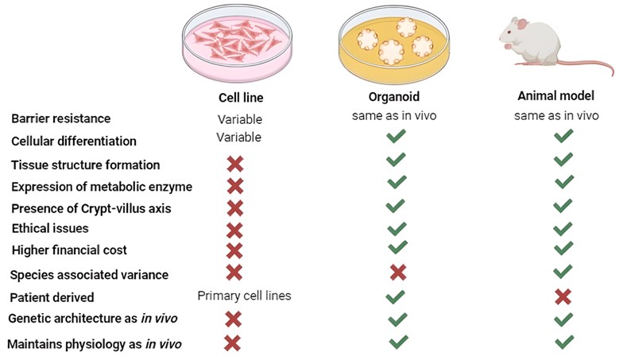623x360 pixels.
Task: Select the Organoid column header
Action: pyautogui.click(x=395, y=97)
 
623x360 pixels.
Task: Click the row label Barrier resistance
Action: pyautogui.click(x=61, y=118)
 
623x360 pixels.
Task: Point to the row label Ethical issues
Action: pyautogui.click(x=49, y=228)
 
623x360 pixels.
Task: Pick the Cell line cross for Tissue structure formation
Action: pyautogui.click(x=234, y=164)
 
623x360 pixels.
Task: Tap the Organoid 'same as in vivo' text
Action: pyautogui.click(x=395, y=116)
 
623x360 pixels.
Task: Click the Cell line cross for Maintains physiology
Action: pyautogui.click(x=233, y=343)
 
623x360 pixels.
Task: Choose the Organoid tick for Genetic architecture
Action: pyautogui.click(x=397, y=319)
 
